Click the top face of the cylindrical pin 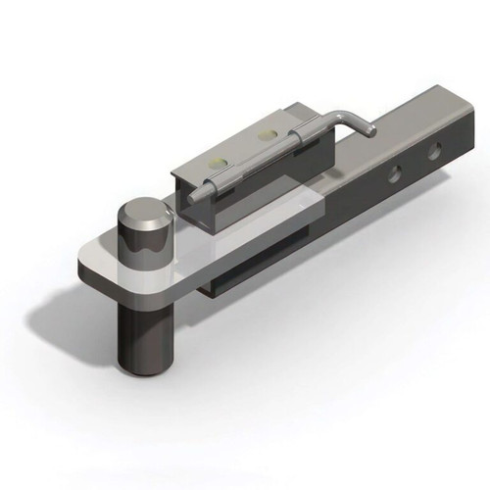(x=142, y=214)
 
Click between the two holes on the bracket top (x=243, y=144)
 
